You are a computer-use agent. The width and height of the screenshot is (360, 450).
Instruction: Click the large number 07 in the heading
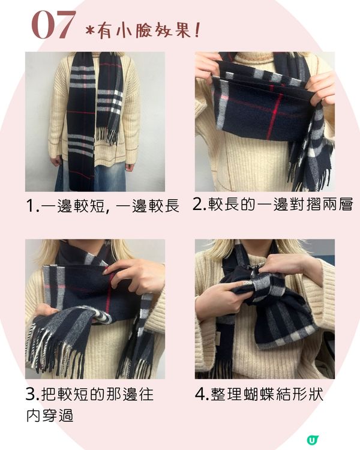click(x=53, y=25)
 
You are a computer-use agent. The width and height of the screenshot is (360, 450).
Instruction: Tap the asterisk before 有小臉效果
click(x=90, y=31)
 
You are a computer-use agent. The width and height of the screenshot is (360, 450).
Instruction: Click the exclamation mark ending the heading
click(x=197, y=30)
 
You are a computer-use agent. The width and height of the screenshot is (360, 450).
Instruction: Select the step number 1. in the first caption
click(x=32, y=206)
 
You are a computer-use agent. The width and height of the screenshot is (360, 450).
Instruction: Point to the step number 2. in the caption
click(x=200, y=204)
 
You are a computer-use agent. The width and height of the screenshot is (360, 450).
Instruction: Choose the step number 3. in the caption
click(x=32, y=394)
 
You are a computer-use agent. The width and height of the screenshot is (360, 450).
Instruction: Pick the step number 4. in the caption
click(x=202, y=394)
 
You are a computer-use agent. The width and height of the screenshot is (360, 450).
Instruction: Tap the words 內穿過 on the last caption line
click(x=50, y=415)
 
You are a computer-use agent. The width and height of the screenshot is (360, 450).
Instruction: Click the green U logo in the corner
click(x=313, y=440)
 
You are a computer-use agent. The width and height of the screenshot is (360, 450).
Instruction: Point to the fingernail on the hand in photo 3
click(x=107, y=271)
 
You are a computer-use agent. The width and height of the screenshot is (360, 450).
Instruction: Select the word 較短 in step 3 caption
click(x=73, y=394)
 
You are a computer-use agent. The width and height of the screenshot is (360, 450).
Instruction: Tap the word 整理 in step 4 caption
click(x=226, y=394)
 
